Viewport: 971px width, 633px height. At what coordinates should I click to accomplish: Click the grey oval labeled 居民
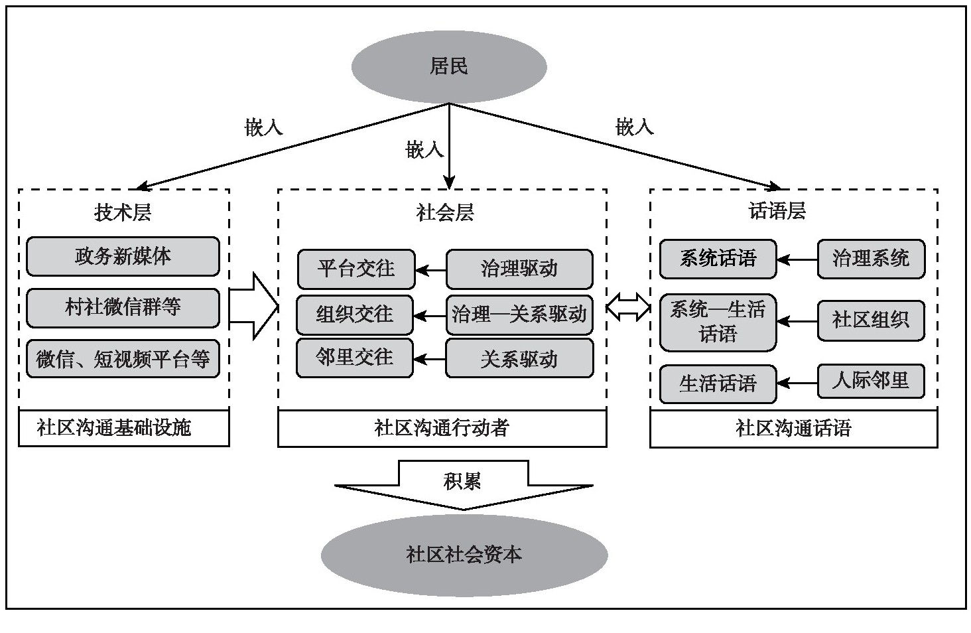[449, 66]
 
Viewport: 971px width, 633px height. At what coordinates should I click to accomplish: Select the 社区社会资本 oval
[464, 555]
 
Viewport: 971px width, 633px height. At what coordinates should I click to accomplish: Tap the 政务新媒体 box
[123, 256]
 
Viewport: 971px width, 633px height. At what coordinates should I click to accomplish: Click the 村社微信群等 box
[123, 307]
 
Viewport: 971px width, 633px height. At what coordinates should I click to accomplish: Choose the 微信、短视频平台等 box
[123, 359]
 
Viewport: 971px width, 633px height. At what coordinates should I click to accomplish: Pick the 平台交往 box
[356, 269]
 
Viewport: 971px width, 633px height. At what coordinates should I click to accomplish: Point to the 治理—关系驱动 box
[519, 314]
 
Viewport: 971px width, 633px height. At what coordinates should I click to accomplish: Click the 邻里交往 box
[355, 358]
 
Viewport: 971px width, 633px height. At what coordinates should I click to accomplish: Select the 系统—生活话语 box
[718, 322]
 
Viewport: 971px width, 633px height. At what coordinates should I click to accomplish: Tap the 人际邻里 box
[870, 381]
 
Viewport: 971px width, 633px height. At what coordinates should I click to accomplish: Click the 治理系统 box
[870, 258]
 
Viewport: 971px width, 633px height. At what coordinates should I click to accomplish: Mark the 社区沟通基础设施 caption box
[123, 428]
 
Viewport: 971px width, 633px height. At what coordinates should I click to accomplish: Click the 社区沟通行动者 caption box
[442, 428]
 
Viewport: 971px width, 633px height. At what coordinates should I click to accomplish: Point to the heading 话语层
[777, 212]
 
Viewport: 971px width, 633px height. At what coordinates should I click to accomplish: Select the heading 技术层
[123, 212]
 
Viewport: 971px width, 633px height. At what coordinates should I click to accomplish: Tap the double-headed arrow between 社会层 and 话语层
[628, 307]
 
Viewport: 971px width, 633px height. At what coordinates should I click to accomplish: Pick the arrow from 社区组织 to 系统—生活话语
[797, 322]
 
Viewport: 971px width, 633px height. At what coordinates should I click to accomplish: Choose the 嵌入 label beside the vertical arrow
[424, 150]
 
